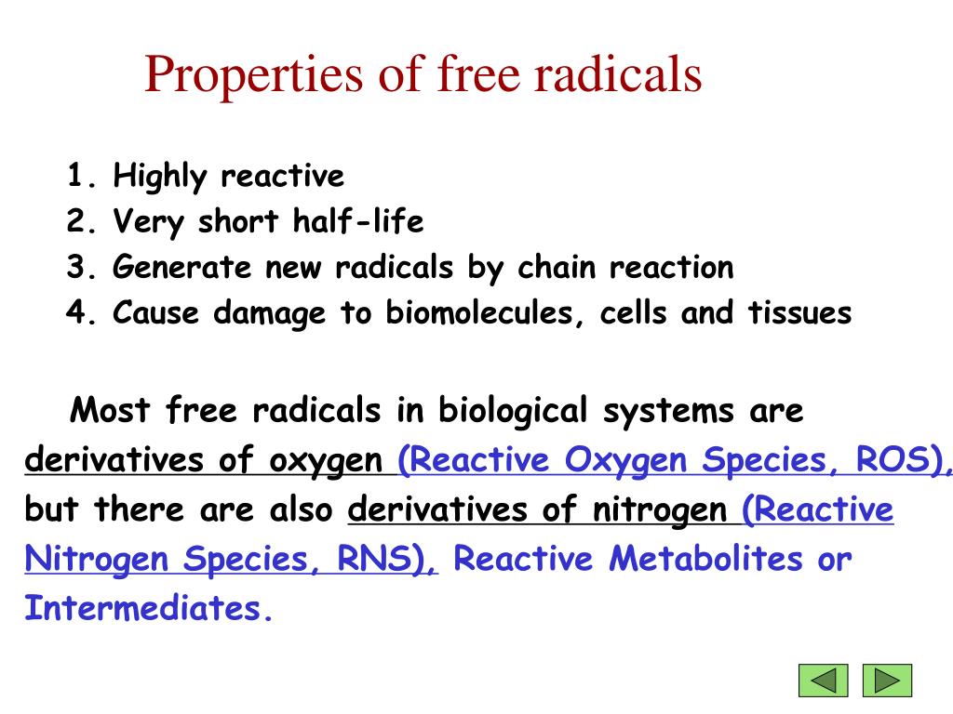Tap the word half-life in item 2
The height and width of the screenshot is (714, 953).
pyautogui.click(x=358, y=222)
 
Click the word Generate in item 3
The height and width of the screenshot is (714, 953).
pyautogui.click(x=183, y=268)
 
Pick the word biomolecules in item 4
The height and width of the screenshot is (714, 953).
pyautogui.click(x=485, y=313)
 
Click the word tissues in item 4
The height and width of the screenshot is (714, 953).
pyautogui.click(x=800, y=313)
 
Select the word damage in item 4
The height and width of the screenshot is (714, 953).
pyautogui.click(x=270, y=313)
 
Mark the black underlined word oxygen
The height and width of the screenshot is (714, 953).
pyautogui.click(x=326, y=461)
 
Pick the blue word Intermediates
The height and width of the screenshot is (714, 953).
pyautogui.click(x=147, y=609)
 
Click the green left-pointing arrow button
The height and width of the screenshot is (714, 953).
pyautogui.click(x=824, y=681)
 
